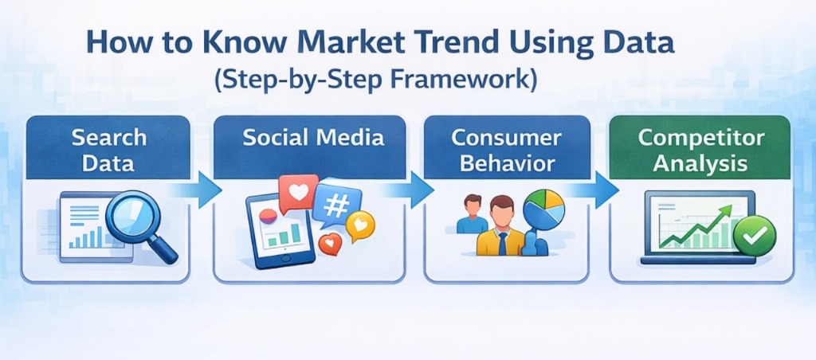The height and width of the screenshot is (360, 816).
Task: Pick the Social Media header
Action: tap(314, 137)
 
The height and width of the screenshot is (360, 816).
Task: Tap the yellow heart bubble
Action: tap(359, 228)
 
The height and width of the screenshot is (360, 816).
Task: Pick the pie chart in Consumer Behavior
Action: tap(546, 209)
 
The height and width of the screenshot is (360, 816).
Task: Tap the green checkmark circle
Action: tap(753, 237)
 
